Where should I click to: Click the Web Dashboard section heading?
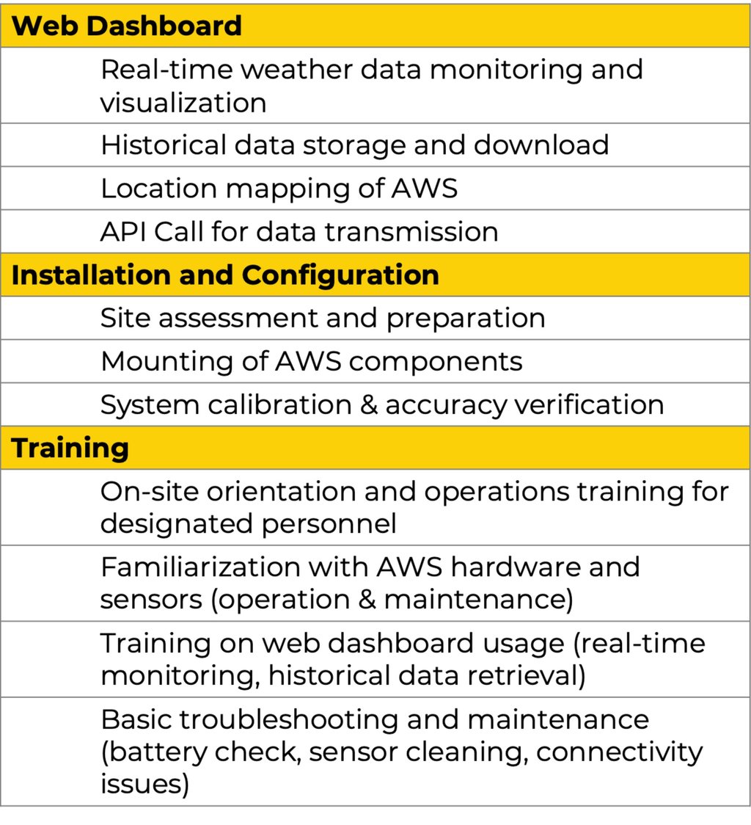127,26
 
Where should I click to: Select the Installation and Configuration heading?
225,275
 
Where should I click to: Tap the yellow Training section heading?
70,448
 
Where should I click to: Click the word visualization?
183,103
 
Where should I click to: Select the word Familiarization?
197,567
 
